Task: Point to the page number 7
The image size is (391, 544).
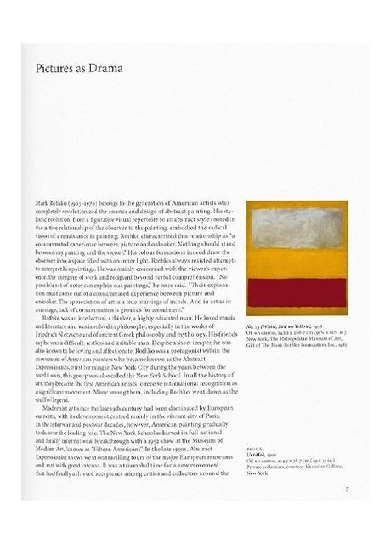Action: point(347,512)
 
